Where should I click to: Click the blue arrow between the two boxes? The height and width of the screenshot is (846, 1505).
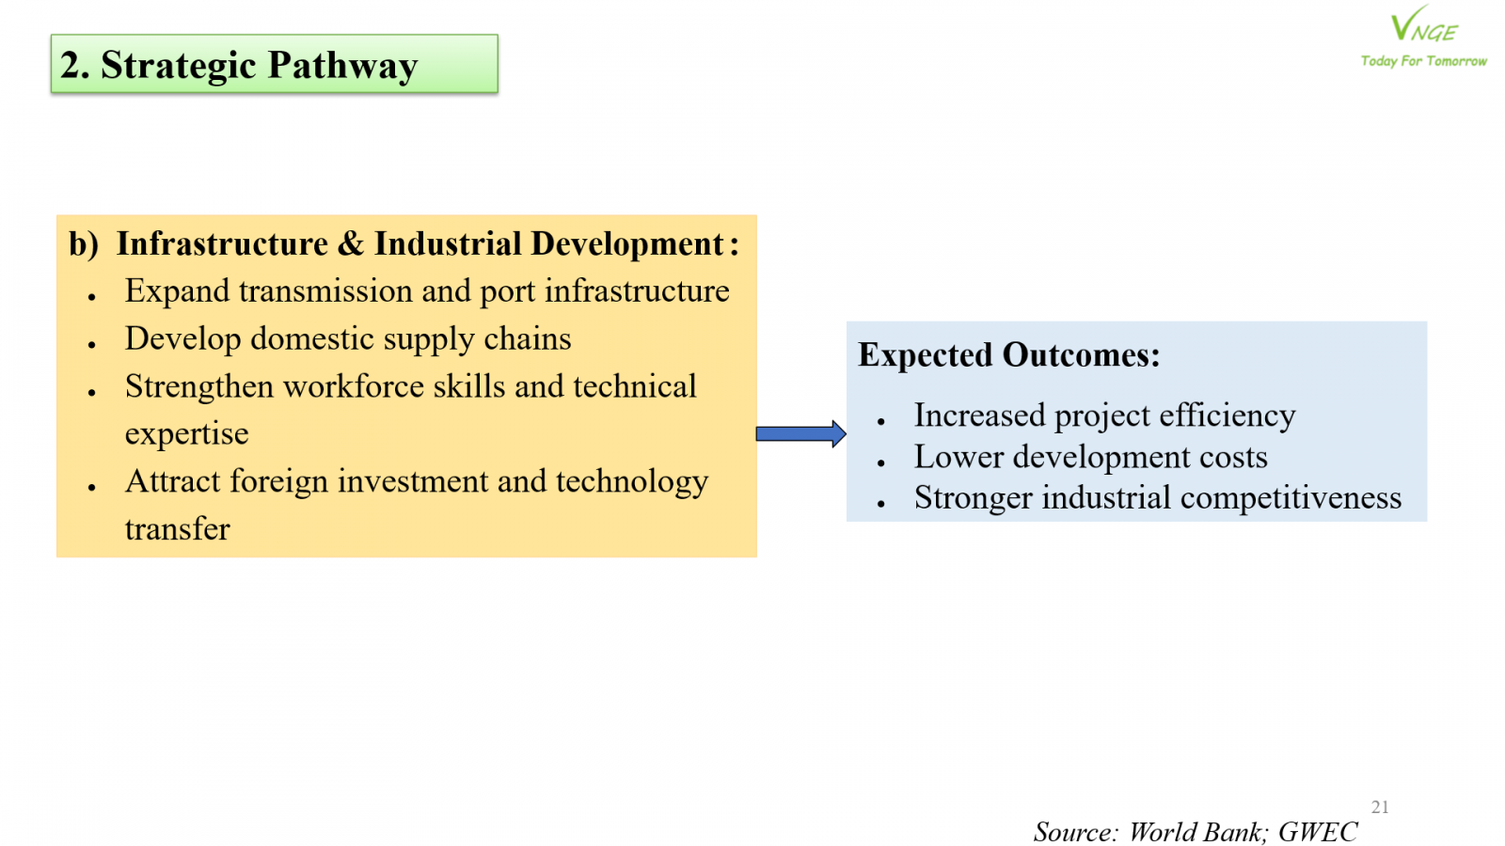tap(800, 433)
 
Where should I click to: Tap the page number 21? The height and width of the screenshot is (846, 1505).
tap(1380, 807)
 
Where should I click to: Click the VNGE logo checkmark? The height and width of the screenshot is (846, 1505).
tap(1408, 23)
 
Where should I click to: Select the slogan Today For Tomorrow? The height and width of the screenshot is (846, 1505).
tap(1424, 61)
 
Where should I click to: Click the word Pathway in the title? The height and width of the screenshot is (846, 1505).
tap(342, 66)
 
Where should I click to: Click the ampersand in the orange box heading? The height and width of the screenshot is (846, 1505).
tap(350, 243)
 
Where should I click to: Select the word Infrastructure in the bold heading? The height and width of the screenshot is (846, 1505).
tap(222, 243)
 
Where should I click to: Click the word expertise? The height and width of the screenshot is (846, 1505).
tap(187, 433)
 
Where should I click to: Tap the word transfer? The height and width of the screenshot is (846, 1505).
tap(178, 529)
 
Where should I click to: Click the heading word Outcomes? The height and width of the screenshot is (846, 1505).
tap(1081, 354)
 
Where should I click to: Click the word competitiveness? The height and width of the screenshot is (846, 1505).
tap(1291, 498)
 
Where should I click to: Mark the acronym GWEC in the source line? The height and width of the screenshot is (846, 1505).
tap(1318, 831)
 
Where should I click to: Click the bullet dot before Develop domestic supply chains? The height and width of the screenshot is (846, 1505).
tap(92, 344)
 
